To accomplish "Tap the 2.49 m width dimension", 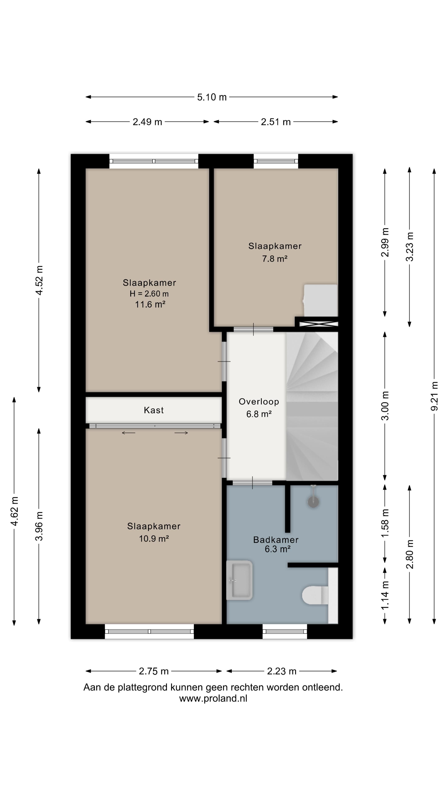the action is [147, 122].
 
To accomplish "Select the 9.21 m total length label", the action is [434, 396].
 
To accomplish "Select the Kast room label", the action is [154, 410].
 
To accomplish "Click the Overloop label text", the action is [259, 402].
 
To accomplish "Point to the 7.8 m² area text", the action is [275, 259].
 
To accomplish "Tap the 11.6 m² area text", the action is [150, 304].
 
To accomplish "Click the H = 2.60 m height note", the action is [149, 294].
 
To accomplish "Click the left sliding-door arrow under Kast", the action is [128, 433].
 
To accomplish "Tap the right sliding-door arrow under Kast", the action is [181, 433].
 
